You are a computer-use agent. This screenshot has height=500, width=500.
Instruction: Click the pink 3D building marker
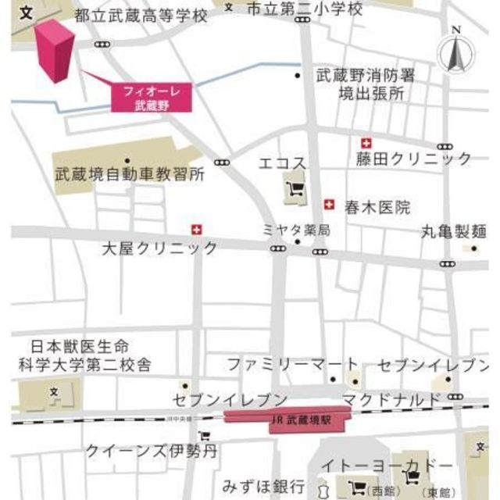pyautogui.click(x=54, y=51)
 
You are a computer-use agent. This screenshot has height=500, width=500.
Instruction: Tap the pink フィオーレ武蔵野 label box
pyautogui.click(x=151, y=98)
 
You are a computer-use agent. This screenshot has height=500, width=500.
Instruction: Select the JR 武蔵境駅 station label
pyautogui.click(x=300, y=419)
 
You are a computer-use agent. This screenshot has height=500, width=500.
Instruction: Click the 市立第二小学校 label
pyautogui.click(x=304, y=9)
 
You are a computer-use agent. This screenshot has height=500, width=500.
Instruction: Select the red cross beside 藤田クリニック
pyautogui.click(x=366, y=143)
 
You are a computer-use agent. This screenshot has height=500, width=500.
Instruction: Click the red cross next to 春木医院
pyautogui.click(x=329, y=205)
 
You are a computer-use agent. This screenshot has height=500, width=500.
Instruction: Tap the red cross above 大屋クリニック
pyautogui.click(x=196, y=230)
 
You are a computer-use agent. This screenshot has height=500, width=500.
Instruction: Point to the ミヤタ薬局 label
pyautogui.click(x=296, y=230)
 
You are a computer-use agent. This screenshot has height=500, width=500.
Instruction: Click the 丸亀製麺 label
pyautogui.click(x=454, y=231)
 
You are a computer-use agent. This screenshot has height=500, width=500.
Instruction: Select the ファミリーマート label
pyautogui.click(x=293, y=364)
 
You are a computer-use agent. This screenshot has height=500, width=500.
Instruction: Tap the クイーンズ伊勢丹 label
pyautogui.click(x=151, y=451)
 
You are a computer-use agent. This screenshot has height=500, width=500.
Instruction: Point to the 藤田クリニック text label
pyautogui.click(x=414, y=159)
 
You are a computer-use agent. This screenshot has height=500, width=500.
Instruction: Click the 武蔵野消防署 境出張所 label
pyautogui.click(x=366, y=85)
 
